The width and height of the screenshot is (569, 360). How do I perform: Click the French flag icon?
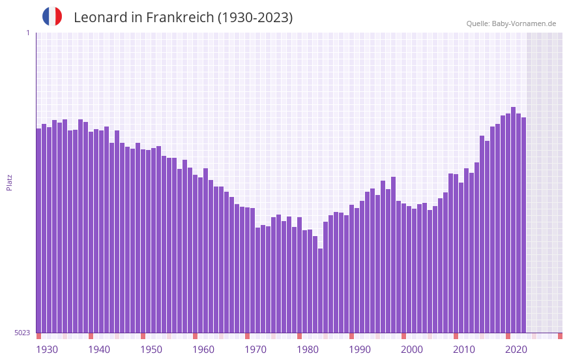click(52, 17)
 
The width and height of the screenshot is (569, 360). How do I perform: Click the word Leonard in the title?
click(100, 18)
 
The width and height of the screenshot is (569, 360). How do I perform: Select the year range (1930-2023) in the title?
click(256, 18)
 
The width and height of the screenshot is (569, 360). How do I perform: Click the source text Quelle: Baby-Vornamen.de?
click(511, 23)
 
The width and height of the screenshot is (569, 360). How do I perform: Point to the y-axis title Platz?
click(9, 182)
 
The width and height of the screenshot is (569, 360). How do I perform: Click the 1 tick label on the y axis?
click(27, 33)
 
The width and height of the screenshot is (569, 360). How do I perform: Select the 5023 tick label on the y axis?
click(22, 333)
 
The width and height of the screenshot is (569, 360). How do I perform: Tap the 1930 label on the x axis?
click(47, 350)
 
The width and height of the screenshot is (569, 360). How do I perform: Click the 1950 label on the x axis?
click(151, 350)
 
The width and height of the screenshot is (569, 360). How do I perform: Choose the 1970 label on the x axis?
click(255, 350)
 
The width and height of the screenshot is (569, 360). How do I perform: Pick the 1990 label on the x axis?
click(360, 350)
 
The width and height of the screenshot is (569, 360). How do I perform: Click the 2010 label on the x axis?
click(464, 350)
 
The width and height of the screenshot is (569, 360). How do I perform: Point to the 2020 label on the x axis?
click(516, 350)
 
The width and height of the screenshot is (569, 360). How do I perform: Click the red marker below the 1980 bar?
click(299, 336)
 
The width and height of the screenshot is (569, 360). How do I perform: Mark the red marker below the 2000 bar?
click(403, 336)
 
